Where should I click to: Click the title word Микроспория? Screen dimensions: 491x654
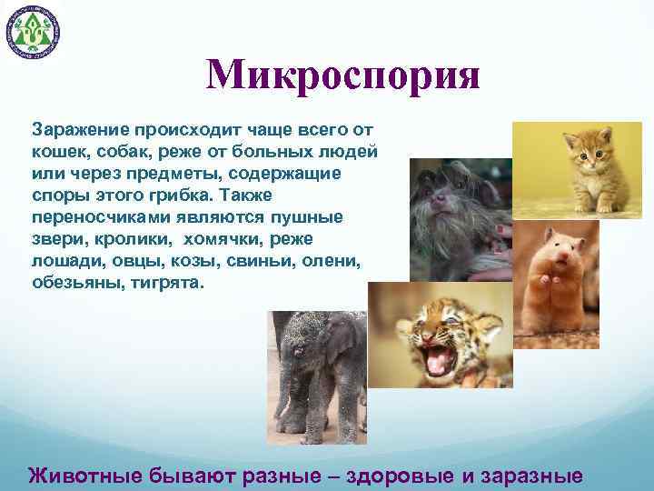342,76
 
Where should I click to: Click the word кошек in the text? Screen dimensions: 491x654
57,152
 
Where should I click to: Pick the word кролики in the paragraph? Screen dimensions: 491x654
135,239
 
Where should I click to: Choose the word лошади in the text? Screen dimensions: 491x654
62,261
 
